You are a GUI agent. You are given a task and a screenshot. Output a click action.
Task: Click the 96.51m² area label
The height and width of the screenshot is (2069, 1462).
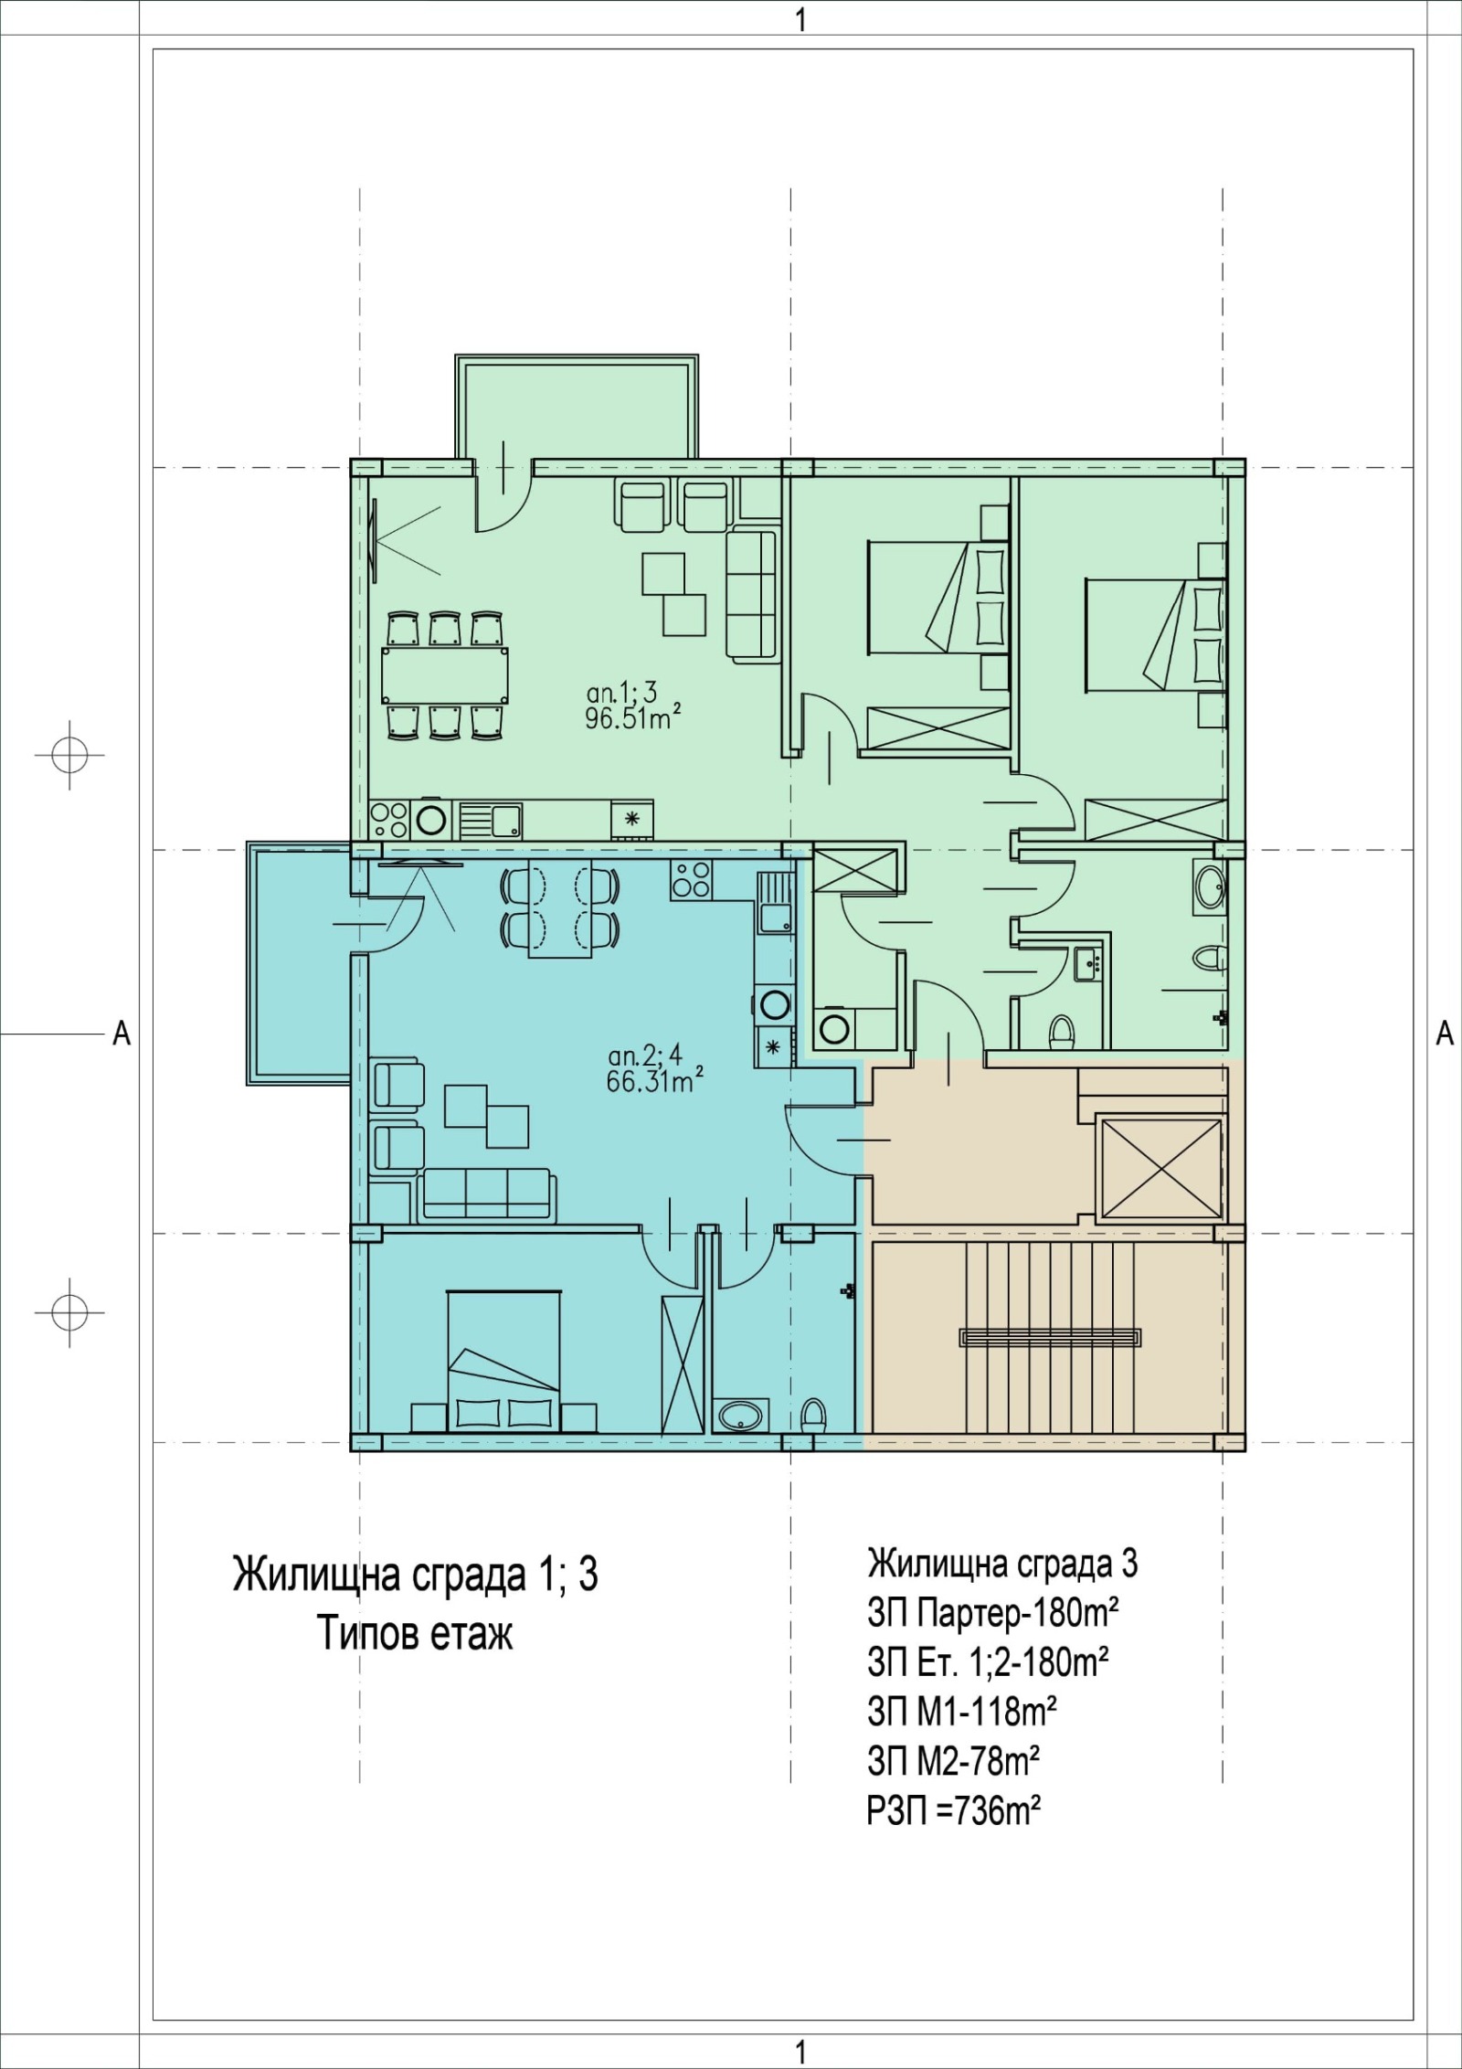click(634, 719)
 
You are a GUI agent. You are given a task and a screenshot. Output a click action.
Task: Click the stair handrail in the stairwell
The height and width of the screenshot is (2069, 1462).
click(1050, 1337)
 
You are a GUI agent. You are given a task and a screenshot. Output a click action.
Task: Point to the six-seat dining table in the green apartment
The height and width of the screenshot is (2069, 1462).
click(445, 674)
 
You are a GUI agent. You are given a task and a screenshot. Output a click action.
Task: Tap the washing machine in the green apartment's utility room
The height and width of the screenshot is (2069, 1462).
click(834, 1028)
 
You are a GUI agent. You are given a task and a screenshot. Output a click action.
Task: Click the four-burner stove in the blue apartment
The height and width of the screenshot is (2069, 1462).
click(691, 879)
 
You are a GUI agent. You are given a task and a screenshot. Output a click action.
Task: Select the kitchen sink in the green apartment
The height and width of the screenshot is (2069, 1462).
click(491, 819)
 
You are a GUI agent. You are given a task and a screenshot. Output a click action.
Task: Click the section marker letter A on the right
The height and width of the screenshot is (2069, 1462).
click(1445, 1033)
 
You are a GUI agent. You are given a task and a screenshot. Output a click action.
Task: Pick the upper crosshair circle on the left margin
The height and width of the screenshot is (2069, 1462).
click(69, 755)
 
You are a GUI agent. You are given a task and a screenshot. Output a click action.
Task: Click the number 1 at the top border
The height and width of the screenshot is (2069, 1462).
click(801, 20)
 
